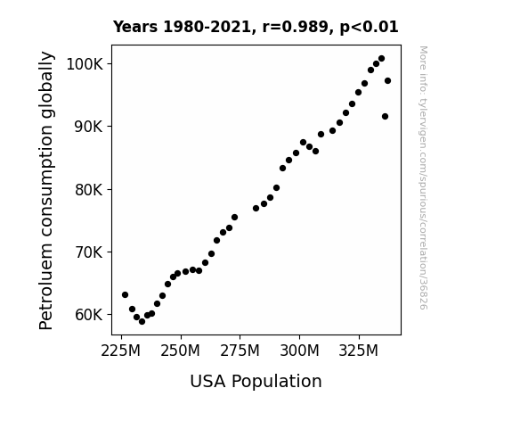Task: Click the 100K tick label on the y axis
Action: click(85, 64)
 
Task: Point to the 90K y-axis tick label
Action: click(89, 127)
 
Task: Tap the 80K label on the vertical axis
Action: click(89, 190)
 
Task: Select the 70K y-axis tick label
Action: click(89, 252)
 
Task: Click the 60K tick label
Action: click(89, 315)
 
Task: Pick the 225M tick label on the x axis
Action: click(121, 351)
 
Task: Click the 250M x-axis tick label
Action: click(180, 351)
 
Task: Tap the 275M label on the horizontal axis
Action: click(240, 351)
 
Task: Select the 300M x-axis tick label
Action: click(299, 351)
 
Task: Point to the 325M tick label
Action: click(359, 351)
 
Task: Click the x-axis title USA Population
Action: click(256, 382)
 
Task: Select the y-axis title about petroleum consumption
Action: click(46, 190)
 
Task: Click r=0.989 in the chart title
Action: click(296, 27)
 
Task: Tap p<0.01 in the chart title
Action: click(369, 27)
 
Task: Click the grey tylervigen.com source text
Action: click(423, 178)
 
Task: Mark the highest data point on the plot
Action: click(381, 59)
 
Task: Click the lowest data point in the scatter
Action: click(142, 322)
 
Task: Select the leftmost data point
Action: click(125, 295)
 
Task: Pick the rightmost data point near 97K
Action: click(387, 81)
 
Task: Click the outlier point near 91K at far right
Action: click(385, 117)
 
